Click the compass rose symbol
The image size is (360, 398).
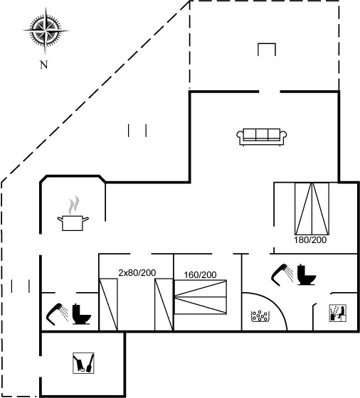(x=46, y=31)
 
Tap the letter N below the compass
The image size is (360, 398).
(x=44, y=65)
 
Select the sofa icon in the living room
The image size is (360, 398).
(x=262, y=137)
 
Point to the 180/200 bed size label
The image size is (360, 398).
(x=310, y=240)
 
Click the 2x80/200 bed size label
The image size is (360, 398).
(x=137, y=273)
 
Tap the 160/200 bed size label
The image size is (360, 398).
(x=200, y=274)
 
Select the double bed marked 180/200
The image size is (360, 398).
(x=312, y=209)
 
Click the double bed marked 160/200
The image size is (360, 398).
(x=200, y=297)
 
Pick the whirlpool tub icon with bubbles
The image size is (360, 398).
(x=260, y=316)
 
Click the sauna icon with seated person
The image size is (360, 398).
(x=338, y=313)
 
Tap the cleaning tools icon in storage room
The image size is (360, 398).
(x=83, y=363)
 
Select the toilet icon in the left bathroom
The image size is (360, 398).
(x=82, y=314)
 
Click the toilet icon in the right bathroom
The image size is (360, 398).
(x=307, y=274)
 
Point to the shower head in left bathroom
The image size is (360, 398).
(x=57, y=314)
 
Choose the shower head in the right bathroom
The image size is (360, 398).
(x=282, y=275)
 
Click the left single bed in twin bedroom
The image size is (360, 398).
(x=108, y=305)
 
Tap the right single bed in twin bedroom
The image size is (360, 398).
(x=164, y=305)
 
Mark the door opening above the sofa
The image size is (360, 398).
(x=270, y=92)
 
